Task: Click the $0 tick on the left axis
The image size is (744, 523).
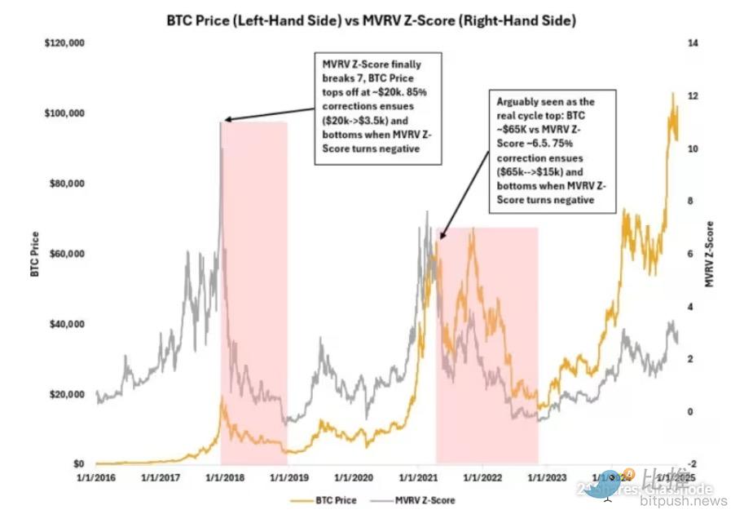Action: (x=78, y=464)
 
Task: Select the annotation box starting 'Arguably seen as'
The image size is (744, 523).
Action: (x=557, y=153)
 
